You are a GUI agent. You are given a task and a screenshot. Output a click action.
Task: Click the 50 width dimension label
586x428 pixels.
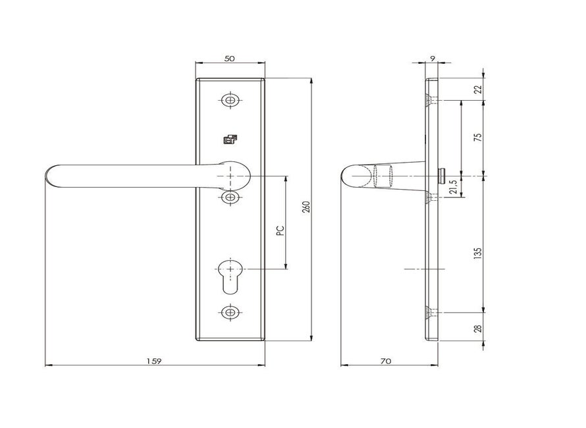230,59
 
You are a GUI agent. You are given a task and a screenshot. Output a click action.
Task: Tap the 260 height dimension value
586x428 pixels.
306,207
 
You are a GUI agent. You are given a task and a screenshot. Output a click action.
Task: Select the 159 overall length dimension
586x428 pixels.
153,361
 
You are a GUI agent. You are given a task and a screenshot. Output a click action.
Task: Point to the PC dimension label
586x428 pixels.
280,230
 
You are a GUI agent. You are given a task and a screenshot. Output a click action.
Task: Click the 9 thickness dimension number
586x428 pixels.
433,59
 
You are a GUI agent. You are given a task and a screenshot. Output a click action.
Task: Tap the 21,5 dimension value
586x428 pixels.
454,187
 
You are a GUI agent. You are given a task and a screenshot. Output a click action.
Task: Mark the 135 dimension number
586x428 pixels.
477,253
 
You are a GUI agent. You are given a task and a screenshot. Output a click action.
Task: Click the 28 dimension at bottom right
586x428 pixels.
477,329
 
